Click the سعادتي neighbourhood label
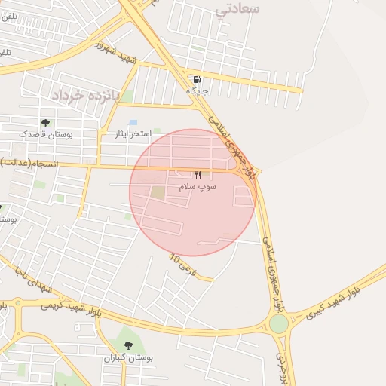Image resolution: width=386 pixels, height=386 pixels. [x=237, y=9]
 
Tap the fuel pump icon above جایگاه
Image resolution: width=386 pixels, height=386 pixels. [x=198, y=79]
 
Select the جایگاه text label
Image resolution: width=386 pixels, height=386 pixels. [x=198, y=90]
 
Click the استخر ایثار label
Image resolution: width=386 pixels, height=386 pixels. [x=130, y=133]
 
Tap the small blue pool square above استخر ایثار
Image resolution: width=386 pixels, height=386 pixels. [x=133, y=122]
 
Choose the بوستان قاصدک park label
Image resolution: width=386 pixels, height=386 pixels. [x=47, y=133]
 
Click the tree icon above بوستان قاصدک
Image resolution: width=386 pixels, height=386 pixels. [x=47, y=123]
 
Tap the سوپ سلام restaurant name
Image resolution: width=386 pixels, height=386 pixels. [x=198, y=185]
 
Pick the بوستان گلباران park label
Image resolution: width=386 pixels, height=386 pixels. [x=128, y=357]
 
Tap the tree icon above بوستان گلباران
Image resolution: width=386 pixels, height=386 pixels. [x=128, y=346]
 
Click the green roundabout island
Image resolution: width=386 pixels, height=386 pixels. [x=278, y=323]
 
